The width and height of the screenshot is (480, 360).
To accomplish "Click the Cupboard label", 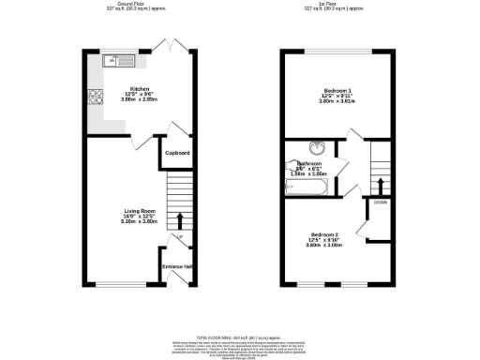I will pos(178,153).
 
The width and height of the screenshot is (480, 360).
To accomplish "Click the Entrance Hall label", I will pos(178,267).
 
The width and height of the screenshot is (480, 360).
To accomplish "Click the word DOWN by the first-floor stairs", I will pos(380,202).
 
